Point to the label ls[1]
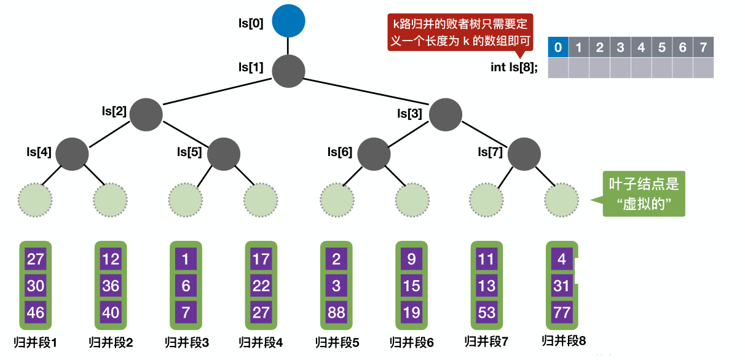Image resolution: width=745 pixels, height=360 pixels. click(x=251, y=67)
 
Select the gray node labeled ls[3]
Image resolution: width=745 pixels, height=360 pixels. click(x=446, y=114)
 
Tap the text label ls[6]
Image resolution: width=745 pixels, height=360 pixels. click(x=340, y=152)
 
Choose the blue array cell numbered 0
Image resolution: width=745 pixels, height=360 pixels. click(x=558, y=47)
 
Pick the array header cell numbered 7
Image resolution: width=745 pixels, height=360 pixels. click(x=703, y=47)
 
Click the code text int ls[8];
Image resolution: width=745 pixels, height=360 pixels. click(x=514, y=68)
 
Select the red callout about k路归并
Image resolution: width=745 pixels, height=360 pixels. click(x=460, y=33)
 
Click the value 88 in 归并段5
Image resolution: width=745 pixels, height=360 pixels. click(x=336, y=312)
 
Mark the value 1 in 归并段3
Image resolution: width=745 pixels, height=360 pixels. click(x=186, y=259)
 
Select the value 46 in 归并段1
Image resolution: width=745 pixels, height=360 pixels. click(x=36, y=312)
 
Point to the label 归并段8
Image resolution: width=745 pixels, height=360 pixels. click(x=564, y=340)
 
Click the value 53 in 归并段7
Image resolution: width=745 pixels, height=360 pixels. click(x=486, y=312)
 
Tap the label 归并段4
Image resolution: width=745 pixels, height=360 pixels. click(x=261, y=342)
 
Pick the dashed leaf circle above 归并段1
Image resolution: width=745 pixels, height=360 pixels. click(x=35, y=199)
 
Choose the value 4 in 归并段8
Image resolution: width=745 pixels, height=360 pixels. click(x=561, y=259)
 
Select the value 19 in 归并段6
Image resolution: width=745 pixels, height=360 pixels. click(x=411, y=312)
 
